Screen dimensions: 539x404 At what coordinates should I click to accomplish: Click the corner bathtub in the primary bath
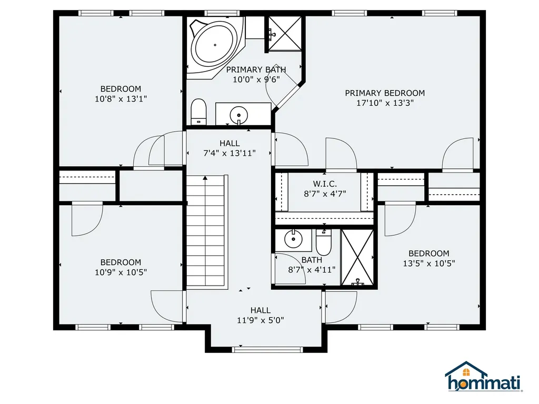[x=215, y=45]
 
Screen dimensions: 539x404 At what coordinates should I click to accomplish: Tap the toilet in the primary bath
[x=198, y=112]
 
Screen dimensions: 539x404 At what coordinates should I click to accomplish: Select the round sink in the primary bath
[x=238, y=114]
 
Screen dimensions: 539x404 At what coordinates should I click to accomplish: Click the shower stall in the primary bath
[x=285, y=34]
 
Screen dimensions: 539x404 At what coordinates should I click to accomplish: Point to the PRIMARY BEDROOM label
[x=385, y=93]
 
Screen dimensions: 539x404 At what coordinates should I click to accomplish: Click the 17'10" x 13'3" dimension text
[x=385, y=103]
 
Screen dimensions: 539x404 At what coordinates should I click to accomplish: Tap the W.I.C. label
[x=325, y=184]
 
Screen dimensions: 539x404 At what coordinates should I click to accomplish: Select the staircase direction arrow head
[x=205, y=178]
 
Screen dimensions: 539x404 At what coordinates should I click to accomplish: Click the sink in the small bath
[x=293, y=239]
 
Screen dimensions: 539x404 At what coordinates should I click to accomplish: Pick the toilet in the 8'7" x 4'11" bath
[x=324, y=242]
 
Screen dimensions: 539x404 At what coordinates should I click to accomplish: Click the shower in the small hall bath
[x=357, y=258]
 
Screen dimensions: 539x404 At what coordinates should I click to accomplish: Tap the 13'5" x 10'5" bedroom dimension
[x=429, y=264]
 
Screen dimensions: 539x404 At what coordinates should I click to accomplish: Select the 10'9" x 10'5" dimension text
[x=121, y=272]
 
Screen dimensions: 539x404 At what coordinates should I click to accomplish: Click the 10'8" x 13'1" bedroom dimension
[x=121, y=99]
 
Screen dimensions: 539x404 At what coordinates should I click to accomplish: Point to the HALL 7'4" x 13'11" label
[x=229, y=148]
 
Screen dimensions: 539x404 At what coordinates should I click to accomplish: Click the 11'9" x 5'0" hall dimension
[x=260, y=320]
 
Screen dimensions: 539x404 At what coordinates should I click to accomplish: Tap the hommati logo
[x=483, y=377]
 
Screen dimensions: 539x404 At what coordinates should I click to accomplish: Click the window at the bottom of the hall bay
[x=267, y=350]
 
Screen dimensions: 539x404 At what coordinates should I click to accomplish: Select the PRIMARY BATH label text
[x=256, y=70]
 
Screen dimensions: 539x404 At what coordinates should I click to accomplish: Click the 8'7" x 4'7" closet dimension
[x=325, y=194]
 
